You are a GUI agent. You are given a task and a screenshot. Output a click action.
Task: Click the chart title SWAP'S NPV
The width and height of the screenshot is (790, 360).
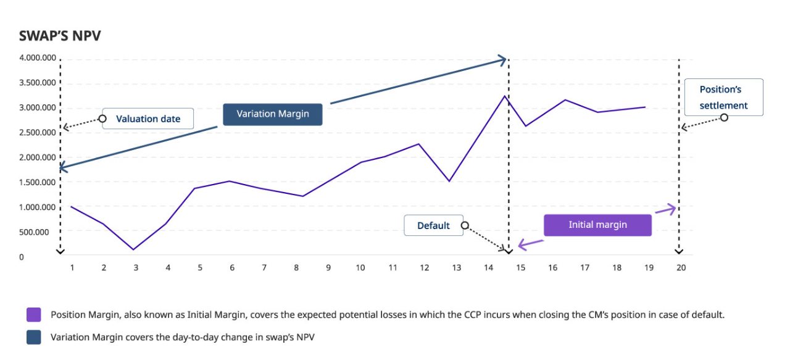(60, 36)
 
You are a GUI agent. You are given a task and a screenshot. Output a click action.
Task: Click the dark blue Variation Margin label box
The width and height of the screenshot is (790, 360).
(272, 114)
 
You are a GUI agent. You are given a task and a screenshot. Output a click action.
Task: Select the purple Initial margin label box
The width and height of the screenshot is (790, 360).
(597, 225)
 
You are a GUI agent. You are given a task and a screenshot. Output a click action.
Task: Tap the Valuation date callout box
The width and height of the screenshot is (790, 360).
(148, 119)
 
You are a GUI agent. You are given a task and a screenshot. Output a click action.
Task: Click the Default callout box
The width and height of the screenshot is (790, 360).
(433, 225)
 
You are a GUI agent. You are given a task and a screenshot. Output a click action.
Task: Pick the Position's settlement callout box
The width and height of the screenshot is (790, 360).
(723, 97)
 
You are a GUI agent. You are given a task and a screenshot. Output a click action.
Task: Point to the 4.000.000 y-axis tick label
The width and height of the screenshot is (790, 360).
(38, 58)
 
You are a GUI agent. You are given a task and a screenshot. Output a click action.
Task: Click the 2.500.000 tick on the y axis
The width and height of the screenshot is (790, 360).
(38, 133)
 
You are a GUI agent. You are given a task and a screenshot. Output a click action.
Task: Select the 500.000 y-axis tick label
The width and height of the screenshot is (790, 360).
(38, 232)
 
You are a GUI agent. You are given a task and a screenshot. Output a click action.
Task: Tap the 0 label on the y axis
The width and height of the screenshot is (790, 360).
(22, 257)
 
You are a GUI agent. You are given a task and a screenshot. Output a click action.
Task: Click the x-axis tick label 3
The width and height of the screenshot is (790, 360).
(136, 268)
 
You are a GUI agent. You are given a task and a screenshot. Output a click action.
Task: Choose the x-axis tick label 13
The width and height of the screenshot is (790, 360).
(457, 268)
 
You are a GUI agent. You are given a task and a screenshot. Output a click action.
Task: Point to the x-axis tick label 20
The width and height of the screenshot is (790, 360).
(681, 268)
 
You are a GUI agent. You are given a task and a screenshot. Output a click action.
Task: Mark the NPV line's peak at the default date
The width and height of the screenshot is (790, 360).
(504, 96)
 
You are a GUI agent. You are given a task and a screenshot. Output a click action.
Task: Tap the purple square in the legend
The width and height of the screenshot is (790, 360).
(34, 315)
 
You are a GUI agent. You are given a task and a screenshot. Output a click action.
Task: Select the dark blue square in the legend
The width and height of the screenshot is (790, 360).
(34, 337)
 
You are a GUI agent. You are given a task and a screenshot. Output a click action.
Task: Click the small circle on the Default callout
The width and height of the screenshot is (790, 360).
(465, 226)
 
